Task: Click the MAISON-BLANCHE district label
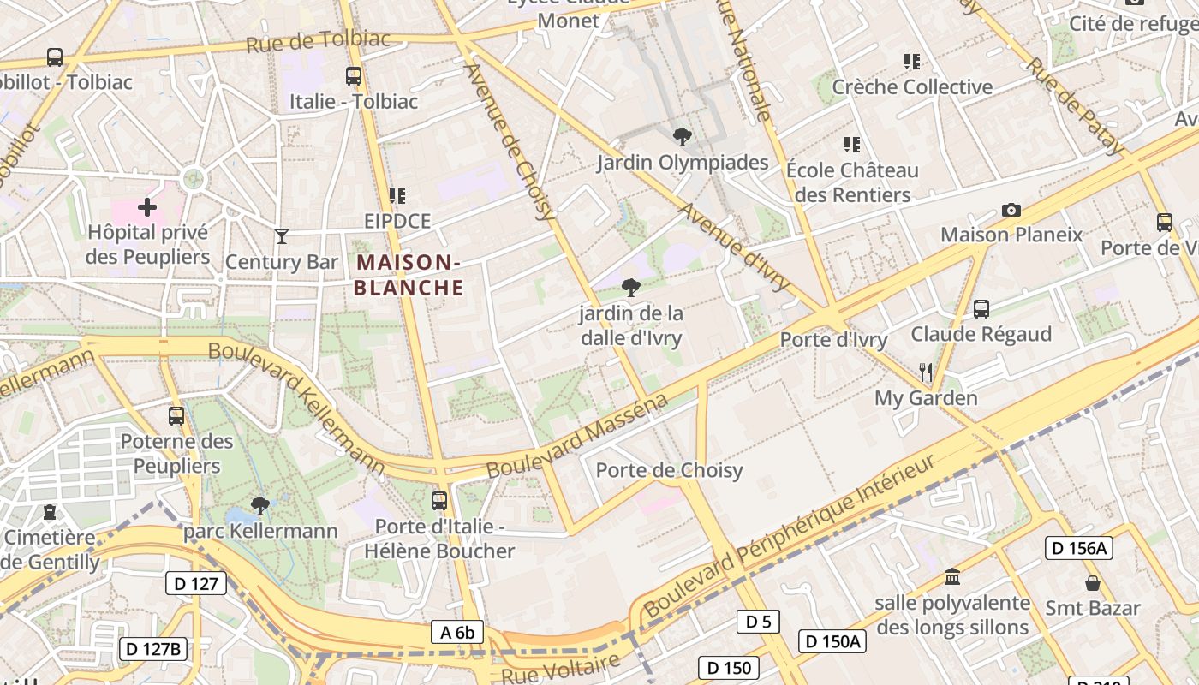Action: coord(409,275)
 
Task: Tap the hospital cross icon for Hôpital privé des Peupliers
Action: coord(147,206)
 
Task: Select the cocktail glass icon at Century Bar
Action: coord(282,236)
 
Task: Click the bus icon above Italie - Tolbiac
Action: coord(354,75)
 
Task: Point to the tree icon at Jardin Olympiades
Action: coord(683,136)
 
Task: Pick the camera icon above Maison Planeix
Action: coord(1011,210)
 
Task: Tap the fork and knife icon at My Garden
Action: coord(926,372)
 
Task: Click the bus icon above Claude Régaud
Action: coord(981,308)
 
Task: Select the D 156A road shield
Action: coord(1078,548)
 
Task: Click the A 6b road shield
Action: coord(457,632)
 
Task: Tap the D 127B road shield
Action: coord(153,648)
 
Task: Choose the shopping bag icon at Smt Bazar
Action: coord(1093,583)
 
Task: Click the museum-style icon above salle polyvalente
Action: coord(951,576)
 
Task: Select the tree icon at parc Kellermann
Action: coord(260,505)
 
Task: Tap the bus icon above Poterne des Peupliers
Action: coord(176,416)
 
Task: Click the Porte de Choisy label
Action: coord(669,470)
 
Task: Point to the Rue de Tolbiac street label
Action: coord(318,40)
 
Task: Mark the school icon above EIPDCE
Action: coord(397,196)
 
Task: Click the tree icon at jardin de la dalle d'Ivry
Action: coord(631,287)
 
